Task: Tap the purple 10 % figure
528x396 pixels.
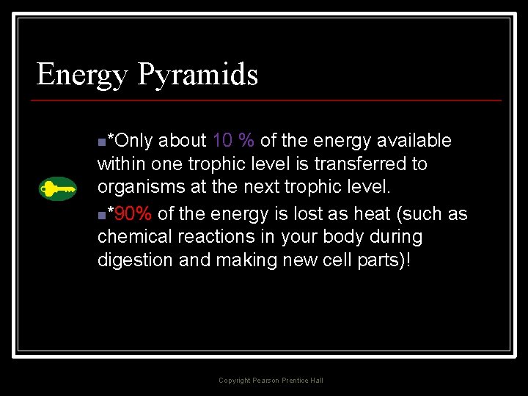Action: (233, 140)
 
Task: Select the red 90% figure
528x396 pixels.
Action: (133, 214)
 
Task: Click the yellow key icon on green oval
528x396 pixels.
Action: (58, 189)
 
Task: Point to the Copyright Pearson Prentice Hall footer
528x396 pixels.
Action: (271, 380)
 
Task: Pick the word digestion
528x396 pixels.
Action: (136, 261)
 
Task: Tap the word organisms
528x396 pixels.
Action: (141, 188)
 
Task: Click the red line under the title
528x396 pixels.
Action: (268, 100)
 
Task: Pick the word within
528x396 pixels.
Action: (122, 164)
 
